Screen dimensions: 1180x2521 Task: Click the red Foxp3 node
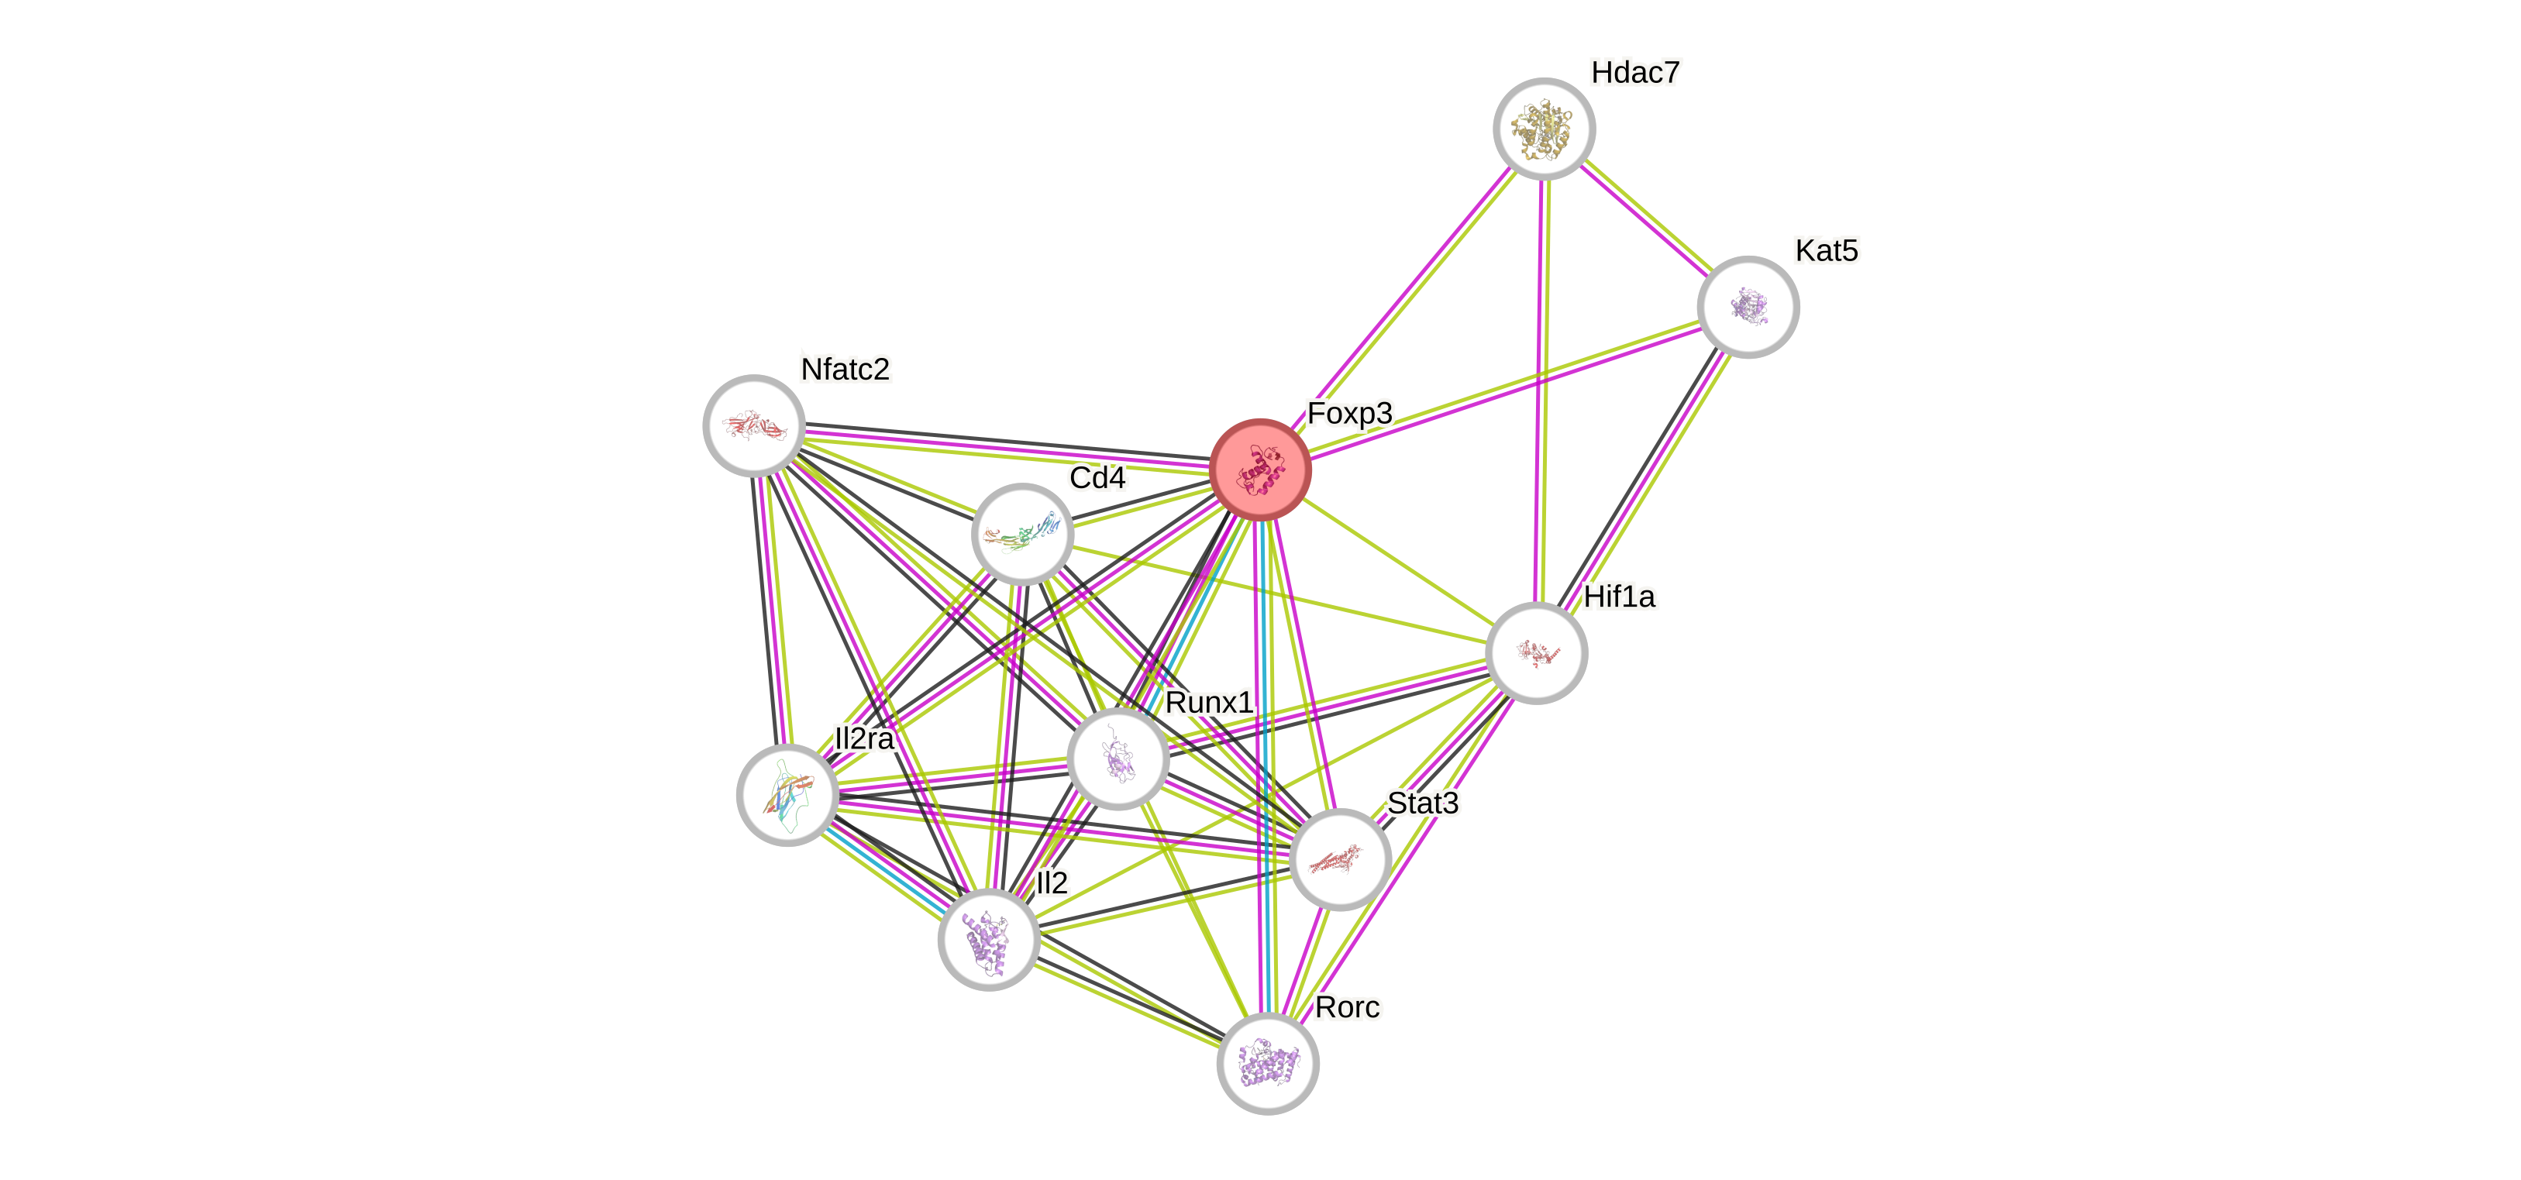click(x=1260, y=470)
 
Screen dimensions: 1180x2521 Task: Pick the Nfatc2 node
click(x=753, y=425)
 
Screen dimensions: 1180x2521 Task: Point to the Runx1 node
click(x=1118, y=759)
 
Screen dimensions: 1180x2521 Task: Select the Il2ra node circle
click(x=787, y=794)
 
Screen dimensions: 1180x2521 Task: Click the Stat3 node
click(x=1340, y=859)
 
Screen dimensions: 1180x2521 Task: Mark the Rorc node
click(x=1267, y=1064)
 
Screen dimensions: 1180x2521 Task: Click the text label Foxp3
click(x=1349, y=413)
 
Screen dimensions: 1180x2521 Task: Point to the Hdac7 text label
click(x=1635, y=72)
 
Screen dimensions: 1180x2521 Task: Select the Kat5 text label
click(x=1826, y=250)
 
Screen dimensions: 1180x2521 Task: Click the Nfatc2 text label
click(x=845, y=369)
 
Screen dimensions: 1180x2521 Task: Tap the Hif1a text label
click(x=1620, y=596)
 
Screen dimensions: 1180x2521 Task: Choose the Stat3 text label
click(x=1423, y=803)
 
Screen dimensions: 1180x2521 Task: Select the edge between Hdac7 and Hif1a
click(x=1541, y=391)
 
